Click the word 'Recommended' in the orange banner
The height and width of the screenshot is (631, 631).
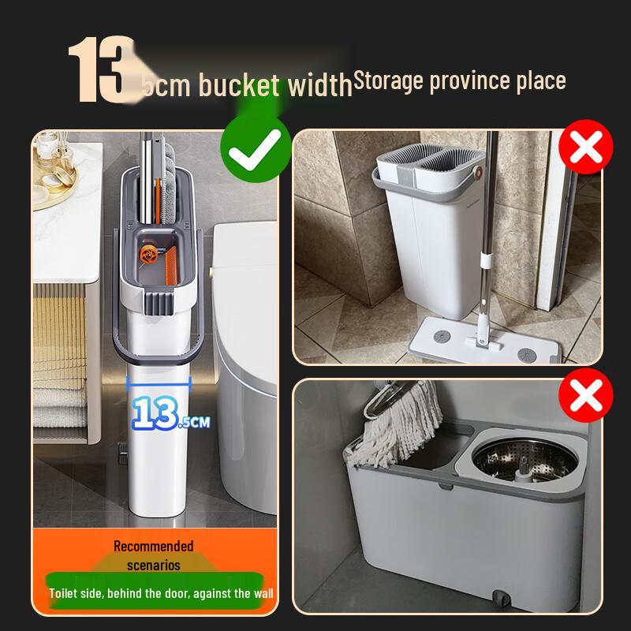coord(153,546)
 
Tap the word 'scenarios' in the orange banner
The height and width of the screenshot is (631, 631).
coord(153,565)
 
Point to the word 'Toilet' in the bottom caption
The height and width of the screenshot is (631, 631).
coord(64,592)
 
